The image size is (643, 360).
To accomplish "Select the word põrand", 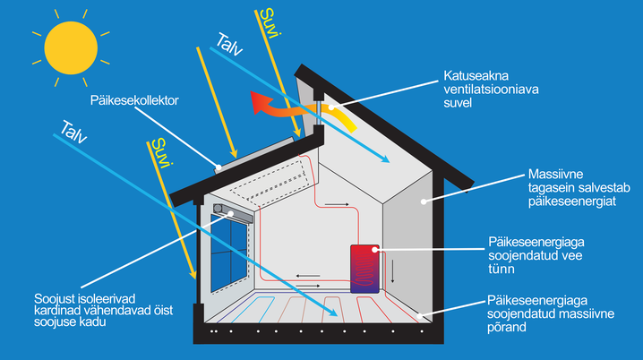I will point(507,328).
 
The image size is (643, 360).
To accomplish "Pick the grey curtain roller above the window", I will point(236,214).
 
